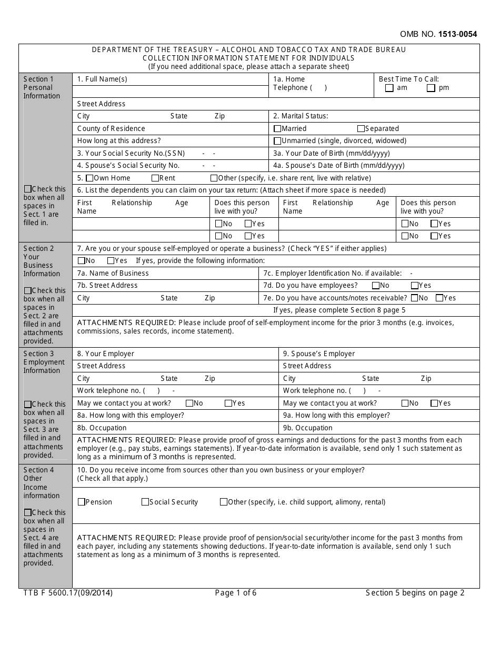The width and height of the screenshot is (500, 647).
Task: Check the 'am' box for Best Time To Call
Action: [389, 88]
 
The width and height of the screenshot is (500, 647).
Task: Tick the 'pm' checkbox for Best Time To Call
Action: [431, 88]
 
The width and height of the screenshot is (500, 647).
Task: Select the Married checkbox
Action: [277, 129]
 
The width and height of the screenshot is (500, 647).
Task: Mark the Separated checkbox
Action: [361, 129]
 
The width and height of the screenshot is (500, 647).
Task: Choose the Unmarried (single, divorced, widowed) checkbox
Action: [277, 141]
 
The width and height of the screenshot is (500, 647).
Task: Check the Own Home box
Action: [89, 178]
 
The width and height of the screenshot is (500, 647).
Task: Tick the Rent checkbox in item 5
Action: [155, 178]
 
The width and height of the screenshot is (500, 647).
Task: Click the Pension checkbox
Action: [81, 502]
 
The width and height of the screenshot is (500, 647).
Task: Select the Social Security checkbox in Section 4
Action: [145, 502]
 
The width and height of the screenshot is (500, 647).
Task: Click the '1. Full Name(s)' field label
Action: [102, 79]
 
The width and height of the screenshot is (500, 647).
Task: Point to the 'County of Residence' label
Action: [111, 129]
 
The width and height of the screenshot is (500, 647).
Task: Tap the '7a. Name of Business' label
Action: [113, 274]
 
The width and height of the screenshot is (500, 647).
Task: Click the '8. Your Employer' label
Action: [105, 354]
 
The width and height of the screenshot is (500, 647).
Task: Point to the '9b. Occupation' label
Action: [307, 428]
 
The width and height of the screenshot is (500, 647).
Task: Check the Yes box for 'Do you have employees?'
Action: [415, 286]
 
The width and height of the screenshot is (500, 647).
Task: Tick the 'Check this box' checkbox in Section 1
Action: [27, 189]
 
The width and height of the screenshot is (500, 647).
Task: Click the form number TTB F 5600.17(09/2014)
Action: [68, 593]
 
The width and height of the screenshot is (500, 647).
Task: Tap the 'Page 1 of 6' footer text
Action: [236, 593]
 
